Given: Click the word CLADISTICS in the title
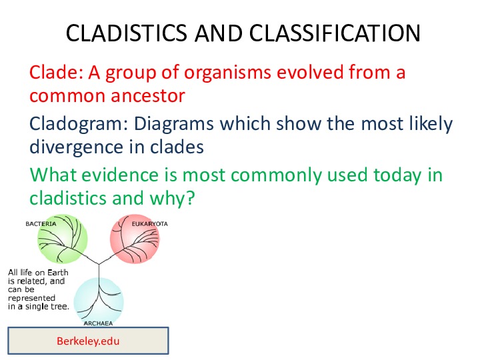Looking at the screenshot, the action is coord(126,33).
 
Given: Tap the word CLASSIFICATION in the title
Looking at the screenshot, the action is coord(335,33).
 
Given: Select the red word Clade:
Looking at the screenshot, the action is coord(56,73).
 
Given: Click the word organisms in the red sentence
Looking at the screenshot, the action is coord(227,73).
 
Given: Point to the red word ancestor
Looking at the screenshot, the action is coord(148,96).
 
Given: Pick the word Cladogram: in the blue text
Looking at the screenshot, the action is coord(79,125).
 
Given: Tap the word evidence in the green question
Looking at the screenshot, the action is coord(120,175).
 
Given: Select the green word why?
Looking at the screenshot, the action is coord(173,199).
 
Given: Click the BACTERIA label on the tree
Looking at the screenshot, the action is coord(41,224).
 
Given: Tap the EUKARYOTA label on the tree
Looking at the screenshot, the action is coord(150,224).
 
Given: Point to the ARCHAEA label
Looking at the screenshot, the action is coord(98,323).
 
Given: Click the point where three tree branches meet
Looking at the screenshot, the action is coord(99,264).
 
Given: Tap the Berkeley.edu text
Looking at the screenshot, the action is coord(88,341).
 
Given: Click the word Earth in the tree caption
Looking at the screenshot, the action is coord(57,273).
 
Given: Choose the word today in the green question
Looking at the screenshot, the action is coord(397,176).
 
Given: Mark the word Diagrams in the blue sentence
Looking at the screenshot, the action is coord(174,125).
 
